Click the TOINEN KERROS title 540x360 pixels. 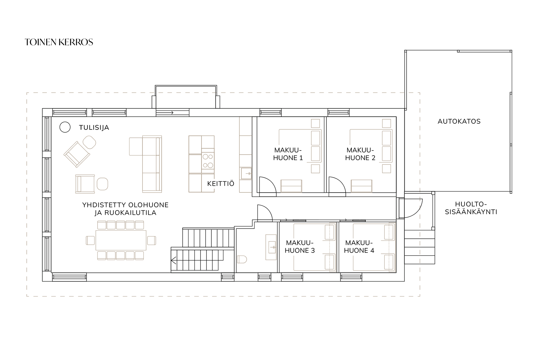click(59, 42)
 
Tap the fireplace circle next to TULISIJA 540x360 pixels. click(65, 127)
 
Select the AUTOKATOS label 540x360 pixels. click(459, 121)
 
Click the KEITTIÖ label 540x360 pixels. click(221, 184)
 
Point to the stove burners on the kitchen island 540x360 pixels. click(208, 161)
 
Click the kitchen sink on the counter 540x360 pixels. click(246, 174)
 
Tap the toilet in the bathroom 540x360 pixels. click(242, 259)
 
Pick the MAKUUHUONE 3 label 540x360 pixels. click(300, 247)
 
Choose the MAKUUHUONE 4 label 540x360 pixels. click(359, 247)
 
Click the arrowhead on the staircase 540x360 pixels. click(174, 260)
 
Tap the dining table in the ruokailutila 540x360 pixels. click(121, 240)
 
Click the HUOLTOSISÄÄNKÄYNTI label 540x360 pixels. click(471, 208)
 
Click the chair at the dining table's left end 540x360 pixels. click(90, 240)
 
